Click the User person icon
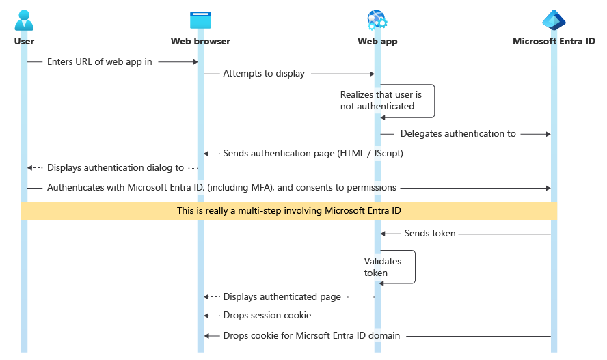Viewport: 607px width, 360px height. [24, 20]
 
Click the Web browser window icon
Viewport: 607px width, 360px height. [200, 20]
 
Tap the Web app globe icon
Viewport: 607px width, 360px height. [377, 20]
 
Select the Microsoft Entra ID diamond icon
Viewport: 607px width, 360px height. [554, 20]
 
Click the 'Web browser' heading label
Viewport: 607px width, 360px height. [200, 42]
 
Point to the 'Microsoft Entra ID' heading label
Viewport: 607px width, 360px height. [554, 42]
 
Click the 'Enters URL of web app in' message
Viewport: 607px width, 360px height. [100, 61]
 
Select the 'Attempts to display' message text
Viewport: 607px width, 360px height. [264, 74]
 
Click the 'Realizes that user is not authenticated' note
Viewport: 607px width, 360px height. [381, 100]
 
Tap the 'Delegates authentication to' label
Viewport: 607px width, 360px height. [458, 134]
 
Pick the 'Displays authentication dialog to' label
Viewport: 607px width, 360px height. [116, 167]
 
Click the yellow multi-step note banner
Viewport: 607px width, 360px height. [289, 211]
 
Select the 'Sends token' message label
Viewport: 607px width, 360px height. [430, 234]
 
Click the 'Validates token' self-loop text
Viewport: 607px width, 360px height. [382, 267]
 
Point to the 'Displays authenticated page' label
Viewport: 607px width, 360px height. [282, 297]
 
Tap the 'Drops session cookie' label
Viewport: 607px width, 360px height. [267, 316]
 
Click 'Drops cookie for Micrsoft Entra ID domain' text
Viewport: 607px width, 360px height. [311, 336]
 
